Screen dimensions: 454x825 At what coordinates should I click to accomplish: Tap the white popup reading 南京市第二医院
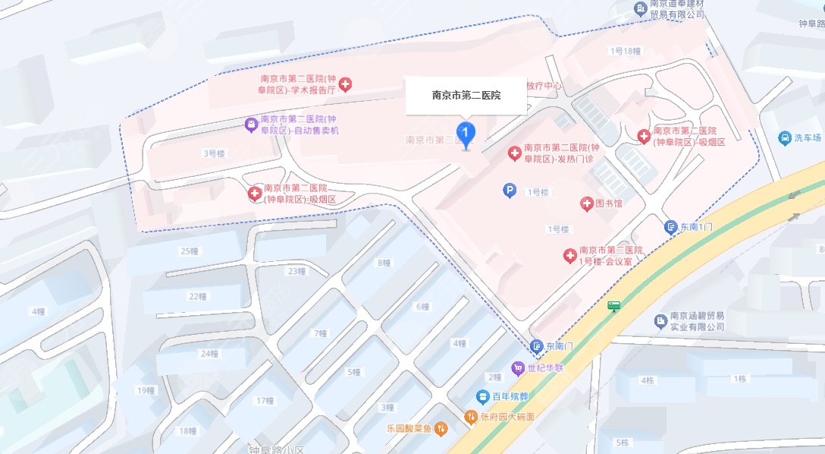point(466,96)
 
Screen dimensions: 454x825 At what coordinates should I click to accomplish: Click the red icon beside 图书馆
point(586,203)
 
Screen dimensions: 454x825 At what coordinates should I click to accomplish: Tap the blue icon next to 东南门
point(537,346)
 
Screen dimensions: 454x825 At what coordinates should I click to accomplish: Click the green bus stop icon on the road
point(613,306)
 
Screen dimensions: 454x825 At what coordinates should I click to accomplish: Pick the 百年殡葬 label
point(507,396)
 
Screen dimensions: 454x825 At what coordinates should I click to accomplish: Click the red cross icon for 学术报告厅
point(345,84)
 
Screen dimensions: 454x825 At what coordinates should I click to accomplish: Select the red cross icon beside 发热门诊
point(514,154)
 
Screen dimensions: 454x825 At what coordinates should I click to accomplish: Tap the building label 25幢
point(189,251)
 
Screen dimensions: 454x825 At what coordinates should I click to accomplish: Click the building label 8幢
point(384,263)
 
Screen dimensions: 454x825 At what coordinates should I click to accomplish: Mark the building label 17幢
point(265,401)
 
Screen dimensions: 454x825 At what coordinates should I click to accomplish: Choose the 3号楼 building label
point(215,153)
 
